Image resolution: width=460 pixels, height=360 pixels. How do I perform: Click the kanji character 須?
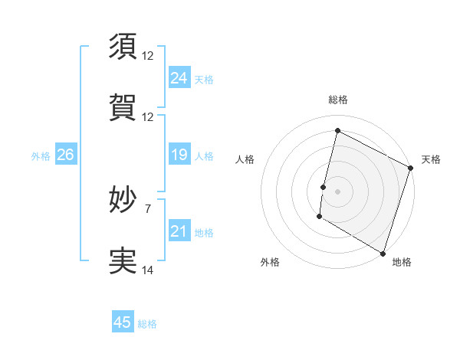(123, 47)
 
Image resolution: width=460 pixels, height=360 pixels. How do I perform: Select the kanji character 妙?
(123, 201)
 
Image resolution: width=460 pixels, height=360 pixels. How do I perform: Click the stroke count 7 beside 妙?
(148, 208)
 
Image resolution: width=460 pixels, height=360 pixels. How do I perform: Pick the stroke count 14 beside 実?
(148, 270)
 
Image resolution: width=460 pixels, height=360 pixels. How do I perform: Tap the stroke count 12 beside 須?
(148, 56)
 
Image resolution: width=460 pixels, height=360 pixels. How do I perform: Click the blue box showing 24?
(179, 77)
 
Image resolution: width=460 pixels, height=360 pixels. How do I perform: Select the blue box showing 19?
(179, 155)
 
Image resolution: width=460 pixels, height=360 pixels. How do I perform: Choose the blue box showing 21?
(179, 231)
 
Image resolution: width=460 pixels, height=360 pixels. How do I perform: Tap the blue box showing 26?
(65, 155)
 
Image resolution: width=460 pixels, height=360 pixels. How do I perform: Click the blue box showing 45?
(123, 322)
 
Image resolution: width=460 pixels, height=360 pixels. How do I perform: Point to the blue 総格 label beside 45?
(147, 324)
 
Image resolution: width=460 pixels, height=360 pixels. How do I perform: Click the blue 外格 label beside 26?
(41, 156)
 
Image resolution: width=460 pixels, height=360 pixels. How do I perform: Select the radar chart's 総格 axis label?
(338, 100)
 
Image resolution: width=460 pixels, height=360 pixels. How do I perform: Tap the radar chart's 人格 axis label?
(245, 159)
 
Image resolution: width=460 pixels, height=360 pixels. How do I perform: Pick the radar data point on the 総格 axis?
(337, 131)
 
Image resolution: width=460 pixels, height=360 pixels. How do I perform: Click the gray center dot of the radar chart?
(337, 191)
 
